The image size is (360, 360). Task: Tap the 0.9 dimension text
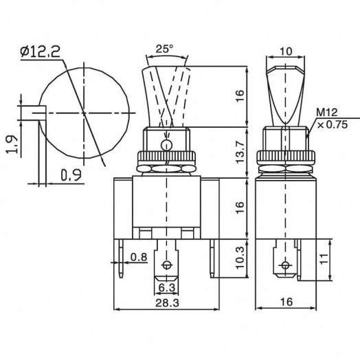(x=69, y=175)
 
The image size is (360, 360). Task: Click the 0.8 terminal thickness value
(x=138, y=258)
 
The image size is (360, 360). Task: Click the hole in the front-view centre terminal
(x=166, y=265)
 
